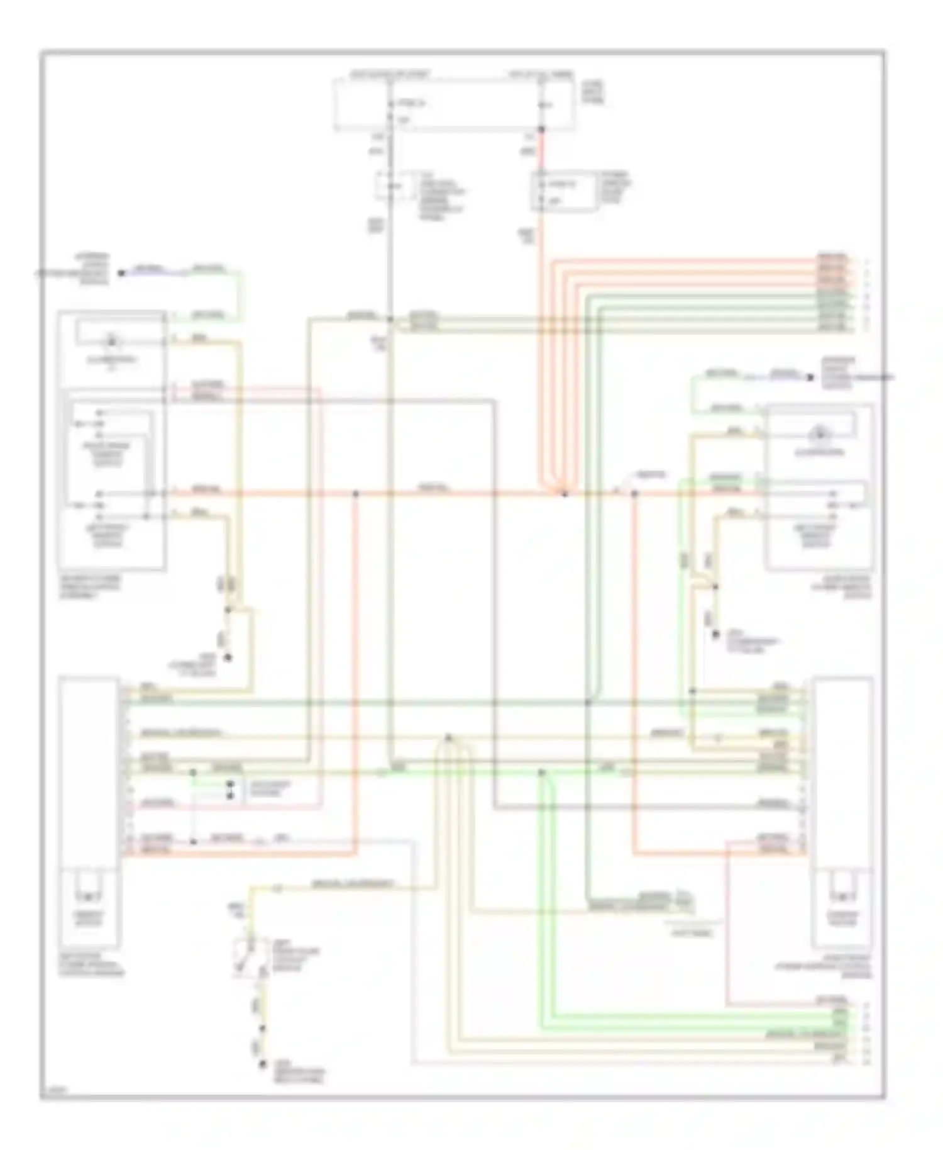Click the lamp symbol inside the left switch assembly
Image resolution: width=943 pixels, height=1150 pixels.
112,342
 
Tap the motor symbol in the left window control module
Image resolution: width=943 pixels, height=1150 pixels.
89,895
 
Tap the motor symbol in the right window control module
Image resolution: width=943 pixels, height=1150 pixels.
842,895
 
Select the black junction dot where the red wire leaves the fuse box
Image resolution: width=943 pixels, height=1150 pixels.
541,129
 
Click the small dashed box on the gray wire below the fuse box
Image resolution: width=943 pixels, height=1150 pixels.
390,187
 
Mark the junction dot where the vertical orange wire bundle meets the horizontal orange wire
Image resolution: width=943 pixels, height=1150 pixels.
564,494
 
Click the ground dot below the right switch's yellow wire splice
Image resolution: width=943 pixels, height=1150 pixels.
715,635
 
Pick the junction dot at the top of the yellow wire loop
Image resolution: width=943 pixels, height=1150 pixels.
448,736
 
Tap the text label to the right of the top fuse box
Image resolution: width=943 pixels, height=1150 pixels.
592,89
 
